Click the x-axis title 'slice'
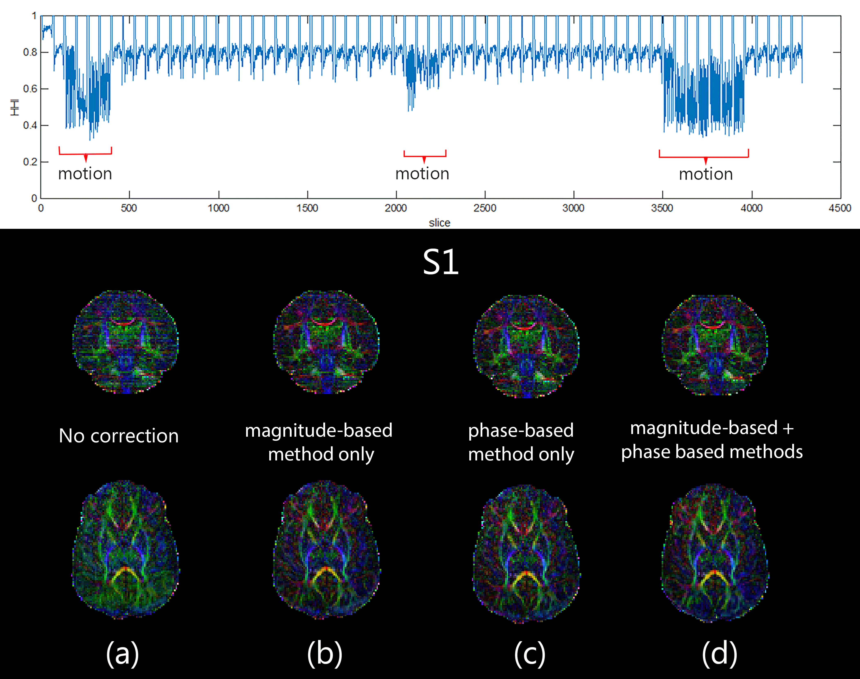pos(440,223)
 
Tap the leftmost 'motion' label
pos(85,174)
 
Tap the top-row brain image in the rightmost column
pos(715,345)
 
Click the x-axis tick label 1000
pos(218,208)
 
